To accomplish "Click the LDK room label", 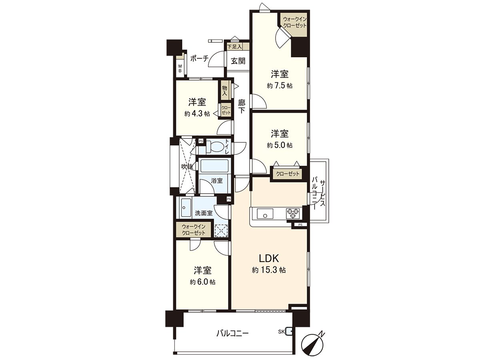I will coord(268,258).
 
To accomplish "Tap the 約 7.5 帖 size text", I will coord(280,86).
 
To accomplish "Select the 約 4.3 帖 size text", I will coord(197,114).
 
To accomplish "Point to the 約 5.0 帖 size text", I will coord(280,145).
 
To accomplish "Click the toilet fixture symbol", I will coord(216,147).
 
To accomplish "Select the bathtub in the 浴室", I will coord(214,166).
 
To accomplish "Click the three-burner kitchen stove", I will coord(292,213).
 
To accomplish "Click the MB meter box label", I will coord(180,68).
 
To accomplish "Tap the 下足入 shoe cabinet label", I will coord(234,47).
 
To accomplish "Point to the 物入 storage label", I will coord(224,90).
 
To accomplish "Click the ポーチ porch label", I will coord(199,58).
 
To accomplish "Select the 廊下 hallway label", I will coord(241,107).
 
